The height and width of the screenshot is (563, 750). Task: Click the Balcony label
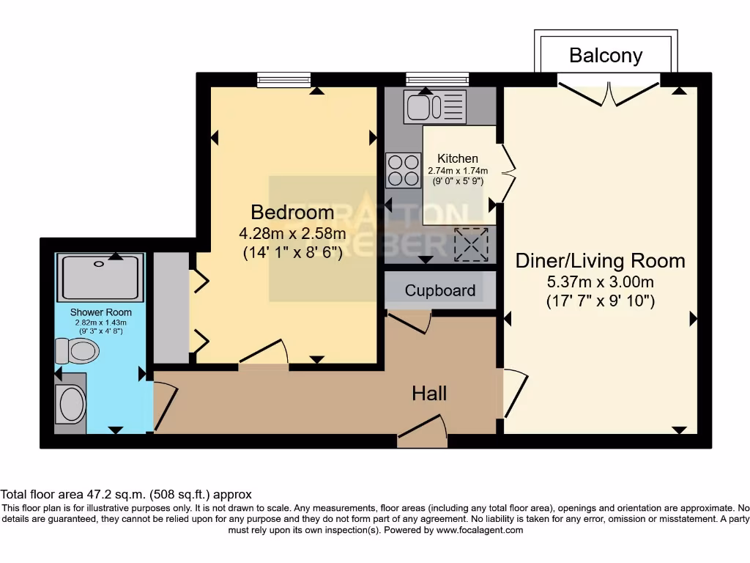pos(606,55)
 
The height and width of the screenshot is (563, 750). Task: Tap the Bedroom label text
pos(292,213)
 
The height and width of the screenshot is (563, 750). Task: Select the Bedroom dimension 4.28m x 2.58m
pos(292,234)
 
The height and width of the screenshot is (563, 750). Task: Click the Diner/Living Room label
pos(600,260)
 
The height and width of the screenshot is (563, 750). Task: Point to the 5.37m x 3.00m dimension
pos(600,281)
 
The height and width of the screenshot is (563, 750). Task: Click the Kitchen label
pos(458,158)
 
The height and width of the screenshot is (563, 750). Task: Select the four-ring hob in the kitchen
pos(404,170)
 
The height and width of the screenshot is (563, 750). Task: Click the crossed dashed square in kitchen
pos(471,244)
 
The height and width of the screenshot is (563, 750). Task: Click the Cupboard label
pos(440,290)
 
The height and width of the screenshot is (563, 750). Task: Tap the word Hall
pos(429,394)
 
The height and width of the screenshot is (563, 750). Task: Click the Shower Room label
pos(101,312)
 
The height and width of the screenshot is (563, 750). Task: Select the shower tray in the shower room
pos(101,278)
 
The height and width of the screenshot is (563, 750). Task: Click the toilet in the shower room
pos(78,350)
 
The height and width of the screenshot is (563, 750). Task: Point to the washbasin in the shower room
pos(71,404)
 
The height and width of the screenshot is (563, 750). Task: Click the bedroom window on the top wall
pos(284,79)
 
